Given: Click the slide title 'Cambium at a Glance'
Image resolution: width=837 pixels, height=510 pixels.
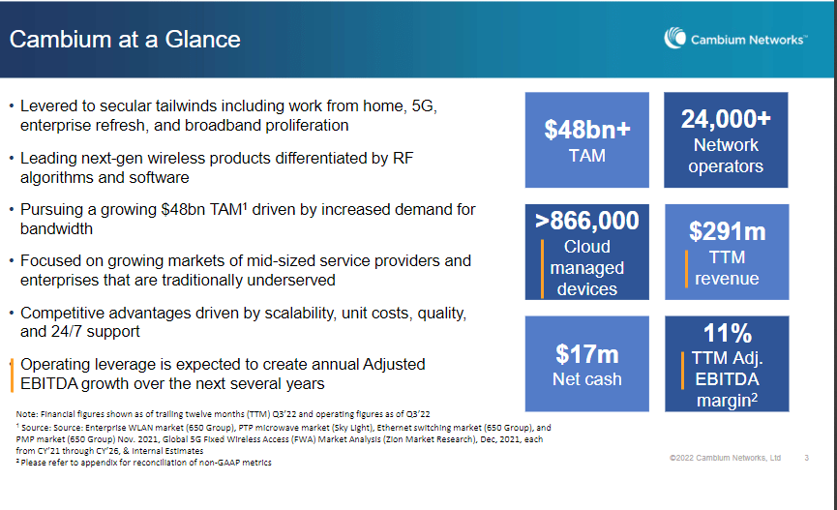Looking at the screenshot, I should click(125, 40).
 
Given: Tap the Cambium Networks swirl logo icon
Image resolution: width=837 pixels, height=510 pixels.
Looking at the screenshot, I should click(675, 39).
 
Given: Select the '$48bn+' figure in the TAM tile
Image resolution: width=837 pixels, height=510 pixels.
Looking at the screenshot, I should click(586, 130).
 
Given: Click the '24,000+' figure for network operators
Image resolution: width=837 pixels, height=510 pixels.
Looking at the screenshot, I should click(726, 119).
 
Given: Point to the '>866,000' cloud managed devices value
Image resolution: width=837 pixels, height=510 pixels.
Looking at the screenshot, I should click(587, 221).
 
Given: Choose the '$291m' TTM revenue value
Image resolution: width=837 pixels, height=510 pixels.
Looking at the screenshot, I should click(727, 231).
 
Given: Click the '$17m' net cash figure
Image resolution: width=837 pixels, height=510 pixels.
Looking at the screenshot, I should click(586, 354).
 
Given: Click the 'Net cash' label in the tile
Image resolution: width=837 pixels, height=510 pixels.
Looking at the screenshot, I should click(586, 379).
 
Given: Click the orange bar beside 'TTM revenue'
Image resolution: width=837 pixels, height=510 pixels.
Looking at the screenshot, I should click(686, 268).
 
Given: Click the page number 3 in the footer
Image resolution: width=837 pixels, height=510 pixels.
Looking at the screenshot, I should click(806, 458).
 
